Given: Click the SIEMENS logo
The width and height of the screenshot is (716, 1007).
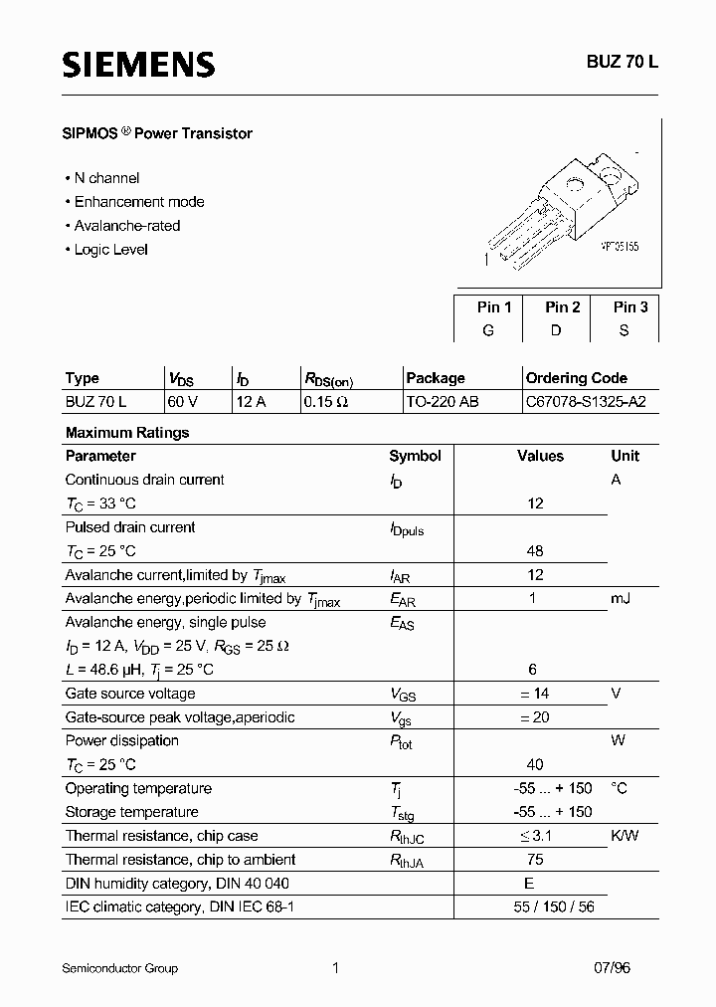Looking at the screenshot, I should point(138,65).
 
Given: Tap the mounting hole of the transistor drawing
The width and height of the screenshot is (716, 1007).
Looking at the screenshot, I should point(574,185).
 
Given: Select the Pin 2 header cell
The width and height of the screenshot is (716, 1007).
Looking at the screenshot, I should point(563,307).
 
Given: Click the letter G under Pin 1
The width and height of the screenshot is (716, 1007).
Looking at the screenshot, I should point(488,330).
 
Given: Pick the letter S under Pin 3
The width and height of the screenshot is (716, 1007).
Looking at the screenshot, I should point(624,330).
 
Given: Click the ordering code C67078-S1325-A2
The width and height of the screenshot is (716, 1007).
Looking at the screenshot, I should point(586,402).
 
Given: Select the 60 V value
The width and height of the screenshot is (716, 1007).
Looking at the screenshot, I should point(183,402).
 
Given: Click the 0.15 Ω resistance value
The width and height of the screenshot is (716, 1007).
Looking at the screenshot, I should point(325,402).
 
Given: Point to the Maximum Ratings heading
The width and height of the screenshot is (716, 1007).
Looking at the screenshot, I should point(126,433).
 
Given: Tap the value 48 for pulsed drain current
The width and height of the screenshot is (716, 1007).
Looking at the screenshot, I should point(536,551).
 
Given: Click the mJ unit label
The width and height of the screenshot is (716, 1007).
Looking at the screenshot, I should point(621,598).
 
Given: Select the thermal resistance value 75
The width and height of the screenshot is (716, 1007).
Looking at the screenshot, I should point(536,860).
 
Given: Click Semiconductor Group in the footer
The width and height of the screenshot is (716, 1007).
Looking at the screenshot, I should point(119,968).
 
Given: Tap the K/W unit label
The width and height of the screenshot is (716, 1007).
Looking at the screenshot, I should point(626,837).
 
